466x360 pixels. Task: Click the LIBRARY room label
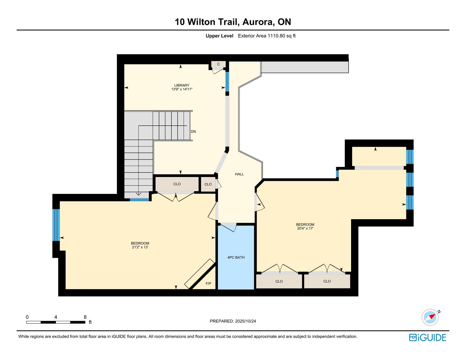[182, 85]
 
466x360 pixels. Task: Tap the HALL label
[239, 174]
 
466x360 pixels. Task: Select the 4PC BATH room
[236, 257]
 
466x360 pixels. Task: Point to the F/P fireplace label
[208, 283]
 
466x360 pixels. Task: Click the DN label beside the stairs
[193, 132]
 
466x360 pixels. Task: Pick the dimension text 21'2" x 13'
[140, 247]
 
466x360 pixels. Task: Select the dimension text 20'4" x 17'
[305, 228]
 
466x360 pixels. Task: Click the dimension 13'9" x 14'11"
[182, 89]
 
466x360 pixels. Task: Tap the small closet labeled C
[218, 64]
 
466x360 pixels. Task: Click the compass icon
[430, 317]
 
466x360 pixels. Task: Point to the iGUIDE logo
[427, 337]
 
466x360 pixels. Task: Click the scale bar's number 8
[85, 317]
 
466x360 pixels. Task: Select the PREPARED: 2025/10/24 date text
[233, 321]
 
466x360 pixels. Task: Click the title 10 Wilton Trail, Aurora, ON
[233, 22]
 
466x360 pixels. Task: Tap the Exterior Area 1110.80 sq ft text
[267, 36]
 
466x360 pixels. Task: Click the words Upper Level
[219, 36]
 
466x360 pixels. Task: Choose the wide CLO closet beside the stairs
[177, 184]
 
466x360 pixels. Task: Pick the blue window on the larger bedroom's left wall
[56, 225]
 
